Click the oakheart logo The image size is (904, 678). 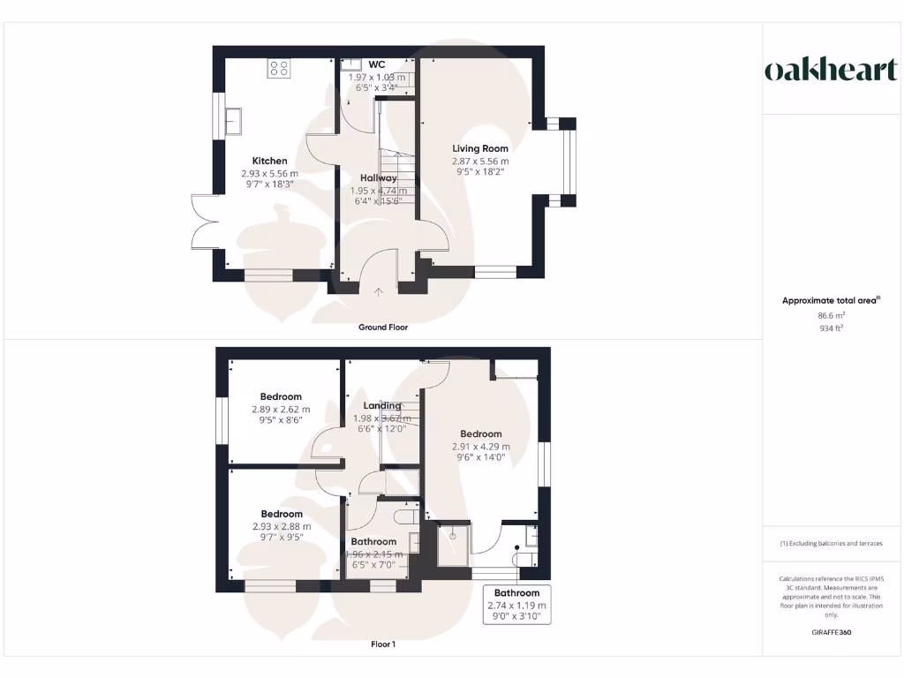click(x=830, y=71)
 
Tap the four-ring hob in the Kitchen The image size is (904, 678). click(x=280, y=68)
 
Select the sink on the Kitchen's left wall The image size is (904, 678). click(x=235, y=120)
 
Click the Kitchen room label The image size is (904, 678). click(x=269, y=161)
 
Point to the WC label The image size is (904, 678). click(x=377, y=64)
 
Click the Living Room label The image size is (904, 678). click(x=480, y=148)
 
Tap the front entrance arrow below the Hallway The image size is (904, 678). click(x=379, y=291)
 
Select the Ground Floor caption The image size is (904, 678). click(x=383, y=327)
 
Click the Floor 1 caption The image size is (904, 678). click(x=383, y=644)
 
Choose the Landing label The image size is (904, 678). click(x=383, y=405)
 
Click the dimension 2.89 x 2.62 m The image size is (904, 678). click(x=281, y=410)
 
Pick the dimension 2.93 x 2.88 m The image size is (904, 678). click(x=281, y=527)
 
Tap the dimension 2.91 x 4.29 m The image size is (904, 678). click(x=480, y=447)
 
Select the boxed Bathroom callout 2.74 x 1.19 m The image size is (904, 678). click(x=516, y=605)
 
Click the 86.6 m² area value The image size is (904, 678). click(x=830, y=314)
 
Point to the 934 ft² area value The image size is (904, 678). click(x=830, y=328)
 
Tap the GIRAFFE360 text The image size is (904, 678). click(x=830, y=632)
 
